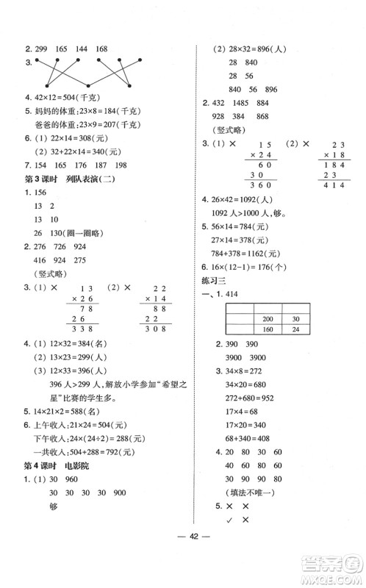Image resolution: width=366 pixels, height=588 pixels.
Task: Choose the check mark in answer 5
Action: (232, 520)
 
